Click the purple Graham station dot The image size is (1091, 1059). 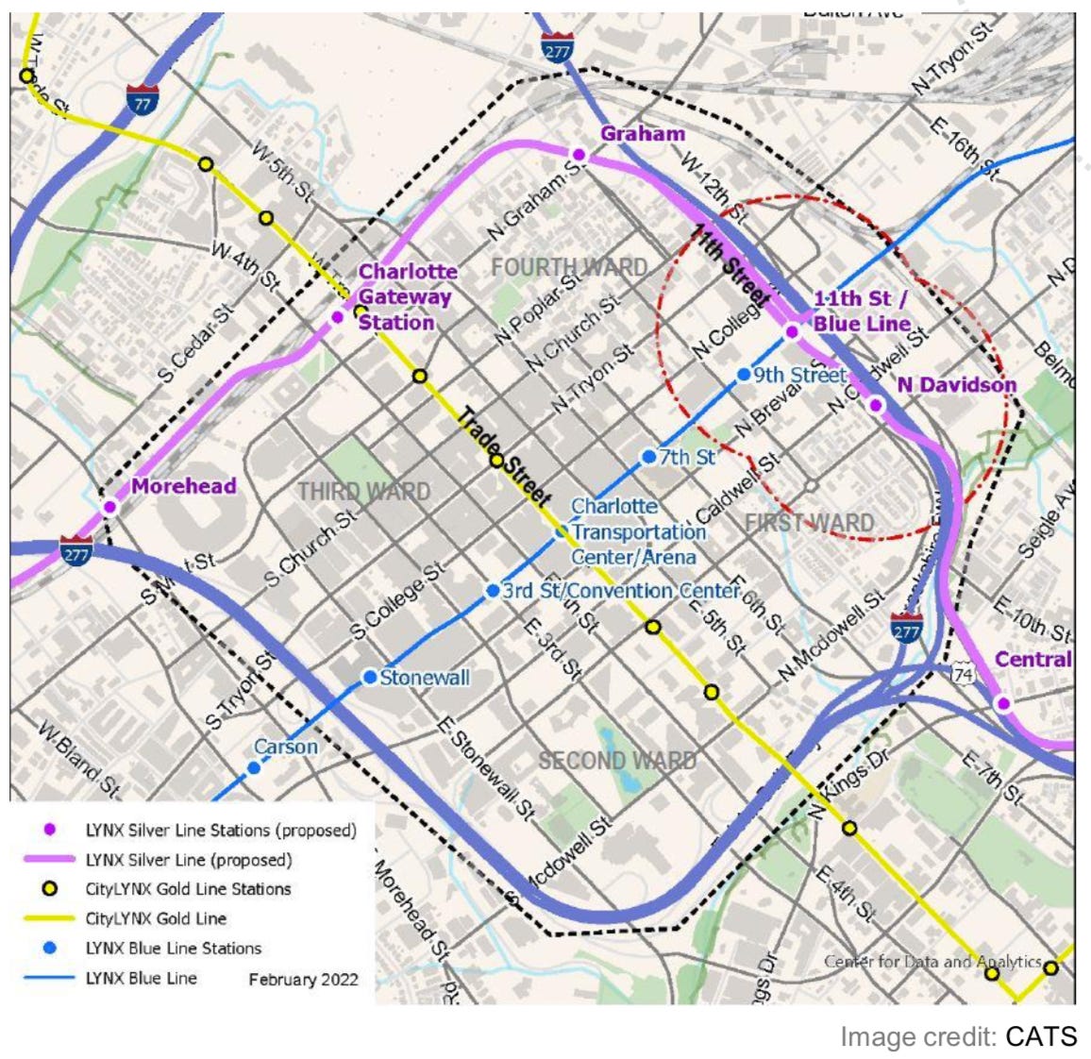579,154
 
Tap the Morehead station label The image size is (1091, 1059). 183,486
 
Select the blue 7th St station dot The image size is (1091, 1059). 649,457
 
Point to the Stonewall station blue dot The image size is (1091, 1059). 371,678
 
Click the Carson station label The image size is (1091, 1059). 286,747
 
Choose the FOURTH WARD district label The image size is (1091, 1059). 569,268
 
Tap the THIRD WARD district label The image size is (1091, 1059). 364,492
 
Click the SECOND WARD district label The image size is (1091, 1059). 617,760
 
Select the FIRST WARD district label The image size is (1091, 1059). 809,523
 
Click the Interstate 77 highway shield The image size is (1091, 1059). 142,98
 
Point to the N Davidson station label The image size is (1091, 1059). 956,384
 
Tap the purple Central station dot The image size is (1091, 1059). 1004,703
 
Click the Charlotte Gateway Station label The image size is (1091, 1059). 406,296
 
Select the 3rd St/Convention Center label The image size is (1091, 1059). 621,591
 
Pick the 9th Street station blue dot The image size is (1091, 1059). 744,375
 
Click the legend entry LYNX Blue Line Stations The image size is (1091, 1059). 173,948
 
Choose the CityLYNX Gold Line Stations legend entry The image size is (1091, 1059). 188,888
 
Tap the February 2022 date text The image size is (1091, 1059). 303,979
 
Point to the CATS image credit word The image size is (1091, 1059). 1040,1036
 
